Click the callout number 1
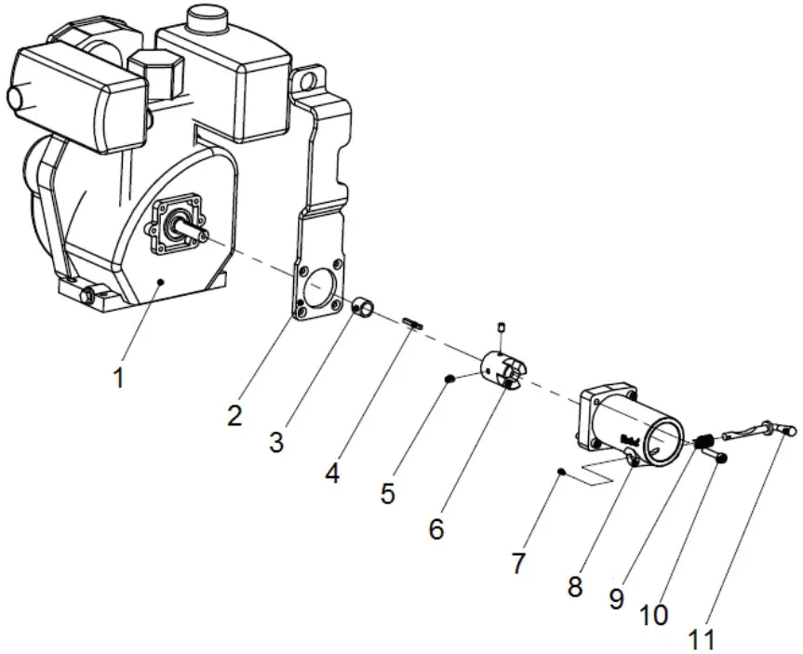tap(118, 379)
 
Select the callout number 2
tap(235, 415)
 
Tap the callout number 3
tap(276, 442)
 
